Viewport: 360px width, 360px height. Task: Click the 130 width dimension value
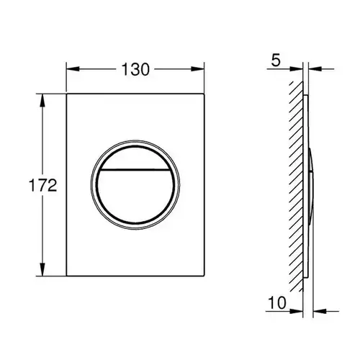tap(135, 69)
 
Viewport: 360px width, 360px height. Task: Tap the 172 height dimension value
tap(43, 185)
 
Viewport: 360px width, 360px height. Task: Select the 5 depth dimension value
tap(276, 60)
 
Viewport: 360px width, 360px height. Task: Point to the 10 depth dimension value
tap(277, 302)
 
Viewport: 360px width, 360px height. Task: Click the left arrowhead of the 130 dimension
tap(73, 69)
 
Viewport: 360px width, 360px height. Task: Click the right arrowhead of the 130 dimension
tap(198, 69)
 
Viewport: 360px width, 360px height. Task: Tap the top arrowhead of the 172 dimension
tap(42, 100)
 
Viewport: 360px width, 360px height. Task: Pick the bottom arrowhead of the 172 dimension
tap(42, 269)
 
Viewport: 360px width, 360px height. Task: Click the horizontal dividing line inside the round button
tap(135, 170)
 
